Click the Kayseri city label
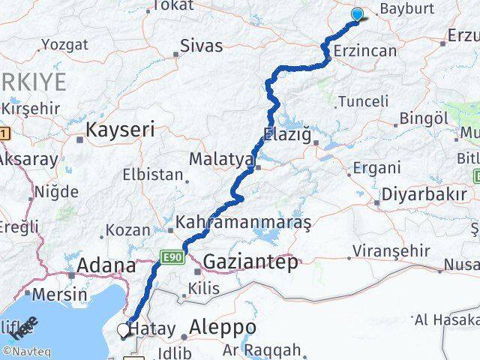pyautogui.click(x=120, y=130)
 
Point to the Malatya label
pyautogui.click(x=222, y=159)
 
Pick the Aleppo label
pyautogui.click(x=223, y=328)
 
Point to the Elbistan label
pyautogui.click(x=154, y=175)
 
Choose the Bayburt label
pyautogui.click(x=407, y=10)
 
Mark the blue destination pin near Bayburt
pyautogui.click(x=357, y=14)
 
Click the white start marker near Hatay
pyautogui.click(x=124, y=328)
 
